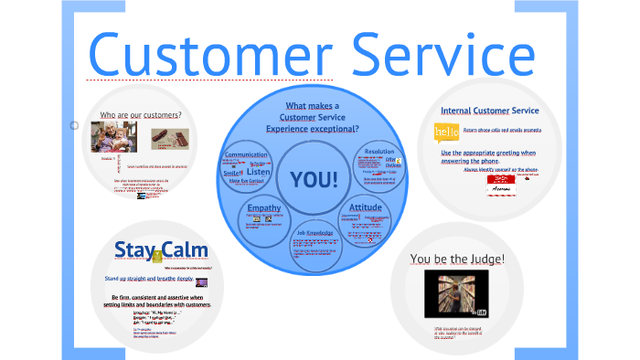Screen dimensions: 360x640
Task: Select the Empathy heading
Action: click(263, 208)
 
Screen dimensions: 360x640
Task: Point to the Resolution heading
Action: click(379, 151)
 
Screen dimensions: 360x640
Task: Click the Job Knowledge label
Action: click(315, 233)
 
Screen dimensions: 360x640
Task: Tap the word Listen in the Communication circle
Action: click(259, 171)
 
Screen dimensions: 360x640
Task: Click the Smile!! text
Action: click(232, 172)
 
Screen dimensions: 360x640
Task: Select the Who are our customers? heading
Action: click(141, 115)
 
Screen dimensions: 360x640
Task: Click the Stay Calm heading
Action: click(161, 249)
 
